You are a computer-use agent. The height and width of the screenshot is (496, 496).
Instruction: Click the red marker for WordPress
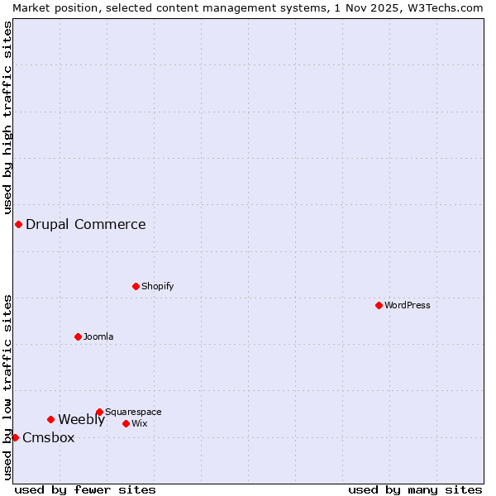click(379, 305)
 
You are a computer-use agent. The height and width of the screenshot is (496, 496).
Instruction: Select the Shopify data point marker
click(136, 286)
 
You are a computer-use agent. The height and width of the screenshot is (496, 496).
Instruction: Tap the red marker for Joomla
click(78, 336)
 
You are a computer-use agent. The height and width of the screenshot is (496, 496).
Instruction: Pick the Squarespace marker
click(99, 412)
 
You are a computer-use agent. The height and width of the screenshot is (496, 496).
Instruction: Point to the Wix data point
click(126, 423)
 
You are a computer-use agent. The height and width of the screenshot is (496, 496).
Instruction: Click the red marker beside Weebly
click(50, 419)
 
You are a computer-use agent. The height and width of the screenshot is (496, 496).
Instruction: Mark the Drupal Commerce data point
click(18, 224)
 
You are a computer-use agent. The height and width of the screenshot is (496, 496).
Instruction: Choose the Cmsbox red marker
click(15, 437)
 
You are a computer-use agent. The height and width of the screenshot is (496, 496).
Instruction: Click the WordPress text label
click(407, 305)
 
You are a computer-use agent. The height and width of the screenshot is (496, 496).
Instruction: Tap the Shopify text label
click(157, 286)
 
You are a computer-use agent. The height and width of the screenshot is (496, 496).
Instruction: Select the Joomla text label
click(98, 336)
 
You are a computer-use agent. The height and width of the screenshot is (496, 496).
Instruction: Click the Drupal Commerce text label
click(85, 224)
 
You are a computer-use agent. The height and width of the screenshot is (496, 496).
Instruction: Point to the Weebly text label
click(81, 419)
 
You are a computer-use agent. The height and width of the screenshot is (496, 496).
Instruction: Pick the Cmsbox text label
click(48, 437)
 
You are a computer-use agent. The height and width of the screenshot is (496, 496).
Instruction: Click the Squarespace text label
click(133, 412)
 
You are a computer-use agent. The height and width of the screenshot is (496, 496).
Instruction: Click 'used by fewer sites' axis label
click(85, 489)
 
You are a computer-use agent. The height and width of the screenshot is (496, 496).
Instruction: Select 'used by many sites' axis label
click(415, 489)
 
